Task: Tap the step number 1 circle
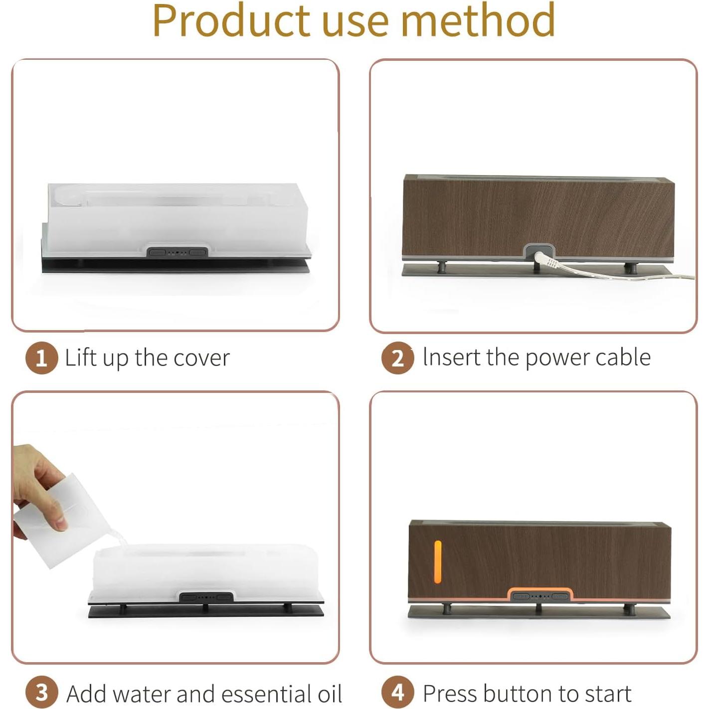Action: coord(41,358)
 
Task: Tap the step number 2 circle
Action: coord(397,358)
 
